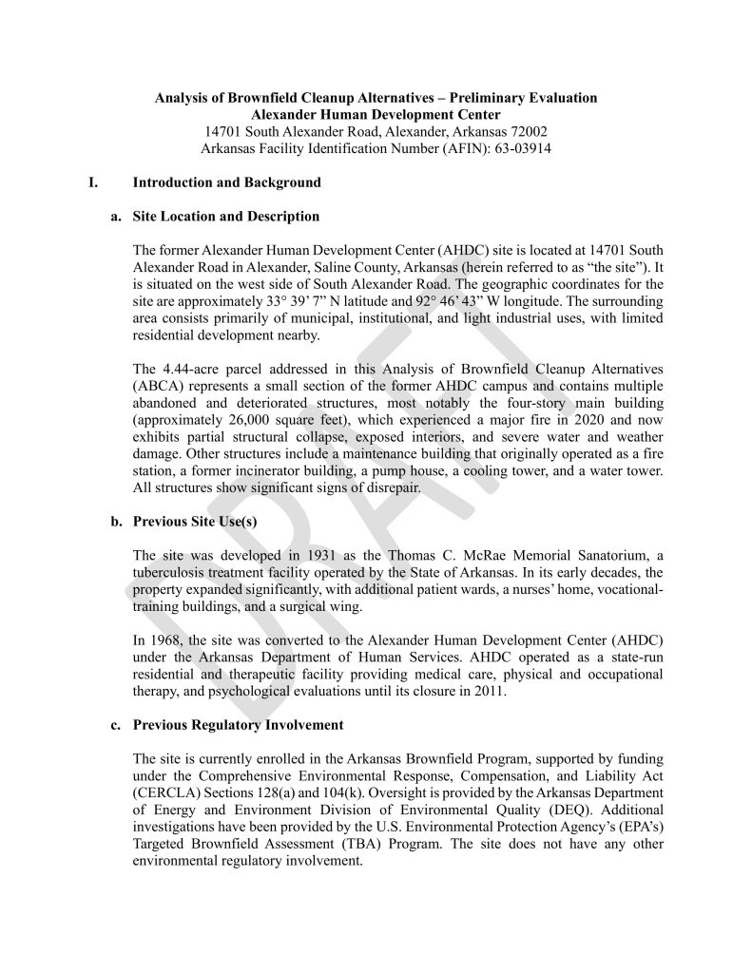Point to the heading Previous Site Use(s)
click(196, 521)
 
